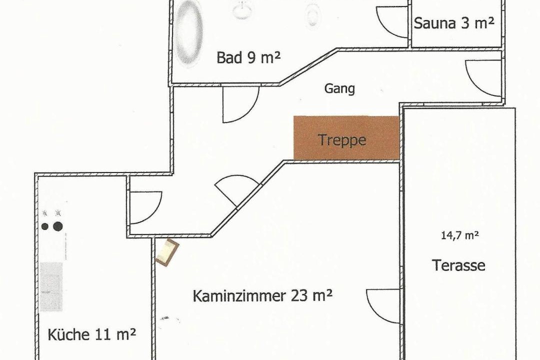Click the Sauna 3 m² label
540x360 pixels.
coord(454,23)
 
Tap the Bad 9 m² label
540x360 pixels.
coord(248,57)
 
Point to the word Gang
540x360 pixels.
coord(339,88)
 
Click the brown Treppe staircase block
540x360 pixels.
coord(346,138)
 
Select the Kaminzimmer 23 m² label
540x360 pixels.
coord(262,295)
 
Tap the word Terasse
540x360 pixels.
coord(458,265)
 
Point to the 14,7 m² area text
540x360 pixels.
coord(460,235)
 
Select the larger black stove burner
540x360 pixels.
coord(58,226)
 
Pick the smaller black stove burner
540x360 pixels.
coord(45,226)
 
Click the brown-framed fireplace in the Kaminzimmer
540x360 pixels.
coord(167,252)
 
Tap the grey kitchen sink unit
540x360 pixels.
coord(51,286)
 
